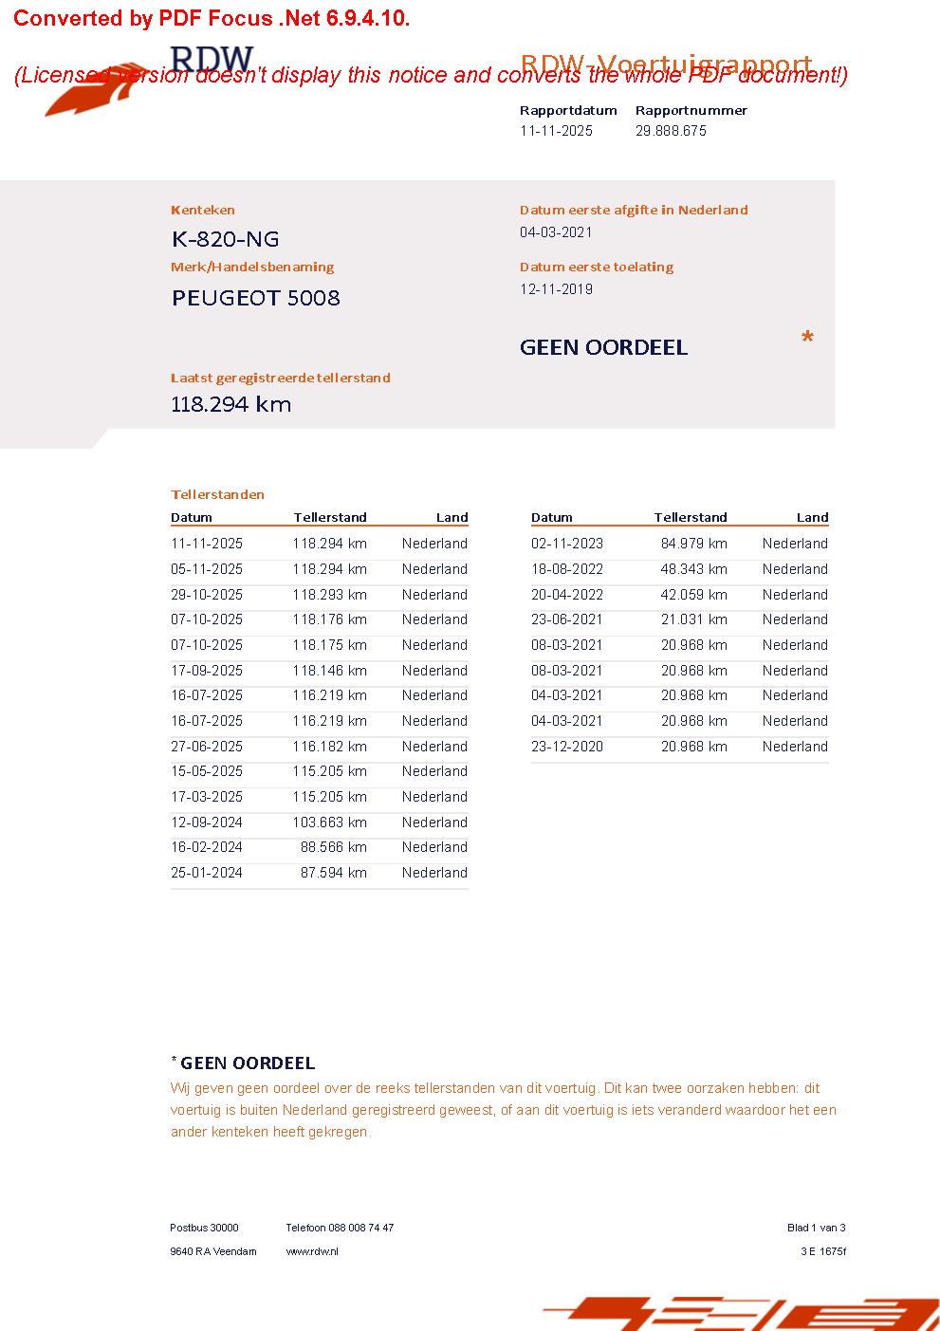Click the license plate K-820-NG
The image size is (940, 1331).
click(x=225, y=239)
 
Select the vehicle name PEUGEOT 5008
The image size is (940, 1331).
click(x=255, y=298)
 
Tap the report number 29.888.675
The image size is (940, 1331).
click(x=671, y=131)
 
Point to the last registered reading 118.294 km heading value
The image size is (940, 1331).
click(x=230, y=404)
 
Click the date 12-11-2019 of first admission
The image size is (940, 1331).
click(x=556, y=289)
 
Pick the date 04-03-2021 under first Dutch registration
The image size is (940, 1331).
click(x=556, y=232)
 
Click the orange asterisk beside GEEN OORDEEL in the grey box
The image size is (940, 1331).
click(x=807, y=339)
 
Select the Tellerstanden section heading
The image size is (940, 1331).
click(x=217, y=494)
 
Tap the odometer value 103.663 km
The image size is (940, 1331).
click(x=329, y=823)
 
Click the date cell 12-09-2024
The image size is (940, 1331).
click(x=207, y=823)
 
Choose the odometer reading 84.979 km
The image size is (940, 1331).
click(x=693, y=544)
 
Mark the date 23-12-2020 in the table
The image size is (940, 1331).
click(x=567, y=747)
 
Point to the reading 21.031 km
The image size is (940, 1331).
click(x=693, y=619)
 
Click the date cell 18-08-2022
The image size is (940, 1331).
click(x=567, y=569)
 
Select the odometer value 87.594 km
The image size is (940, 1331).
click(x=333, y=873)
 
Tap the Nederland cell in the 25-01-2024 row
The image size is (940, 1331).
click(x=434, y=873)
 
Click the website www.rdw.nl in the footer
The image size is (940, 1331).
click(x=312, y=1251)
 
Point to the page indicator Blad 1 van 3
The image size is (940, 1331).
click(x=816, y=1228)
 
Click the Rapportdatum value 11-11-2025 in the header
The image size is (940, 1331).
click(x=556, y=131)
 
